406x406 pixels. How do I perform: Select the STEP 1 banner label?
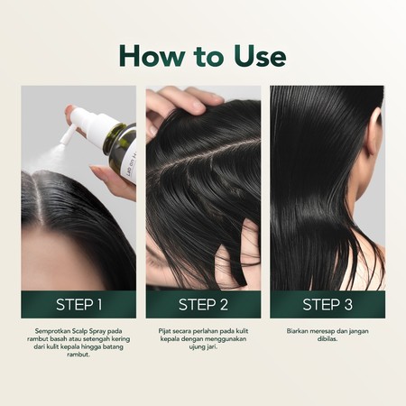pyautogui.click(x=78, y=304)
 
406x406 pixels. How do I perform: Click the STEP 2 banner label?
pyautogui.click(x=203, y=304)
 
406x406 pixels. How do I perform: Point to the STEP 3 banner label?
pyautogui.click(x=328, y=304)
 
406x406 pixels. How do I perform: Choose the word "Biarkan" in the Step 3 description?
pyautogui.click(x=297, y=331)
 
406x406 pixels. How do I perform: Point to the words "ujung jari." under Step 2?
pyautogui.click(x=203, y=351)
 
